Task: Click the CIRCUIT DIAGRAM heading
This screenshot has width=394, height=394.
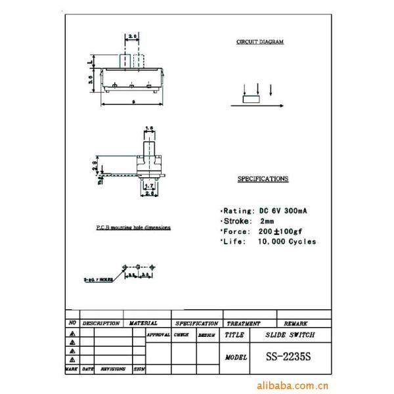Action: pos(260,42)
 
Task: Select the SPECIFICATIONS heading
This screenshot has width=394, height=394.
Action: pos(262,179)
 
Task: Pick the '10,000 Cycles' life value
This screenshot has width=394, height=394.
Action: pos(287,242)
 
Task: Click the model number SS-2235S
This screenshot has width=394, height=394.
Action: pos(288,357)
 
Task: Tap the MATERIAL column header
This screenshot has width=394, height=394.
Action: pos(143,323)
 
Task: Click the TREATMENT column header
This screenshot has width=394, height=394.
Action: pos(243,324)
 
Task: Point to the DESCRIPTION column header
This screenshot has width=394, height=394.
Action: pos(100,323)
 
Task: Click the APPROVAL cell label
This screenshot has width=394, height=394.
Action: pos(158,335)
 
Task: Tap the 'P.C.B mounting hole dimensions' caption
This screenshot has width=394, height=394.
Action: pos(129,227)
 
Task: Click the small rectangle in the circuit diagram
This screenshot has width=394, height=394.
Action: pos(252,101)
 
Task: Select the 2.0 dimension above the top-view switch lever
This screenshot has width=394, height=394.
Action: pos(133,36)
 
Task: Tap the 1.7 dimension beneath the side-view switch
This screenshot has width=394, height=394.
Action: pos(149,186)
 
